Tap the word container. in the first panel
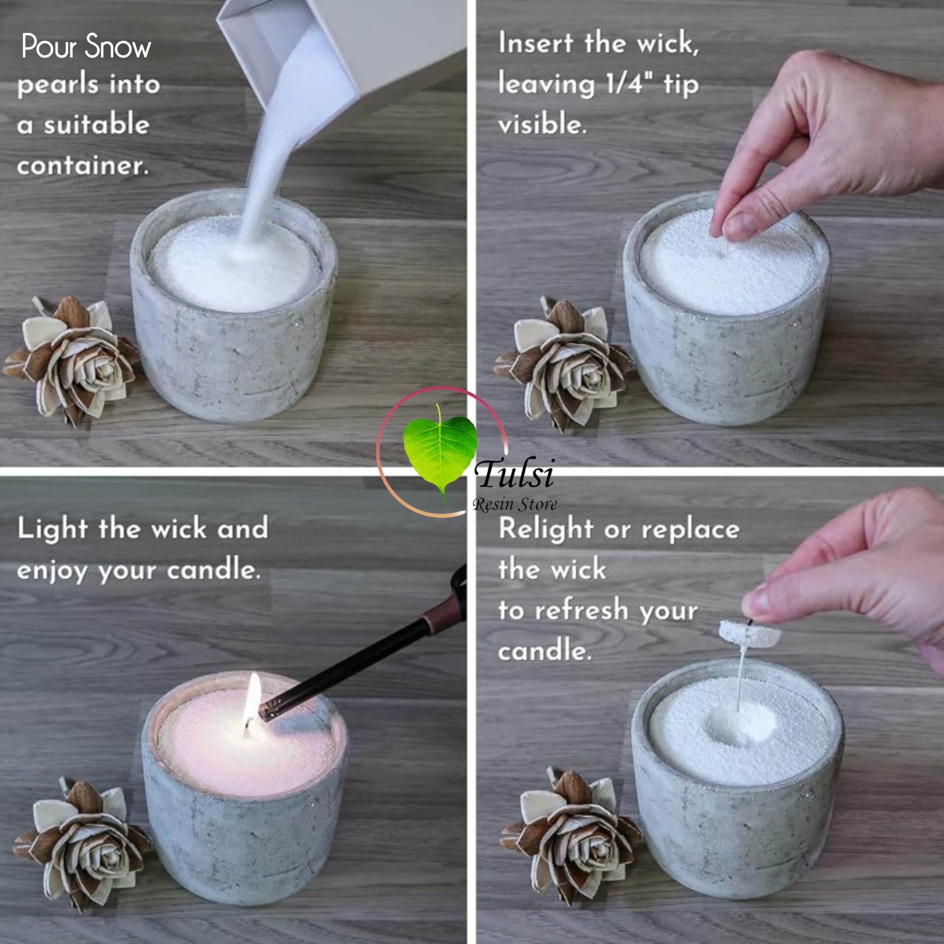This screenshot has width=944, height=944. tap(83, 166)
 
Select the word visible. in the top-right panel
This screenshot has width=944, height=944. tap(542, 124)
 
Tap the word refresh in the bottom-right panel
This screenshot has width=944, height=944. tap(581, 611)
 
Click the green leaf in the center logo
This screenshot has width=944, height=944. tap(439, 448)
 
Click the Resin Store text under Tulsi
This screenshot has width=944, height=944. tap(514, 504)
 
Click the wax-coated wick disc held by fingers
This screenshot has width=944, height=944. tap(749, 635)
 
